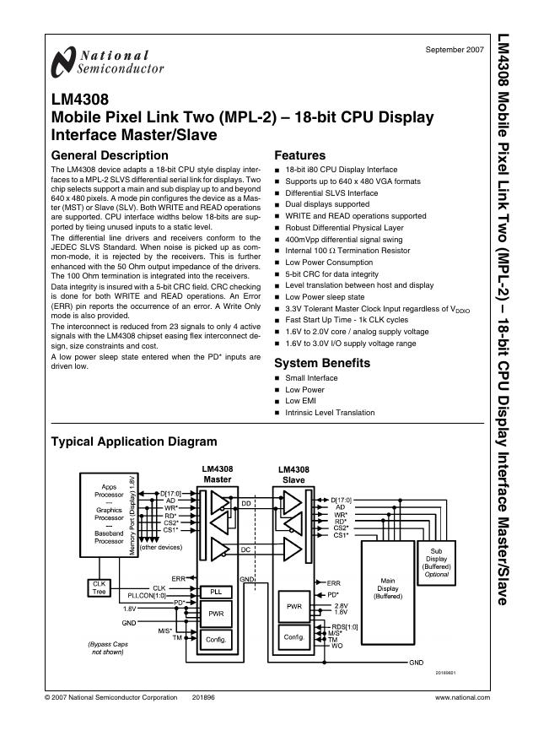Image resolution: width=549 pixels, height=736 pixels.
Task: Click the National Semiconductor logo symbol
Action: pos(62,62)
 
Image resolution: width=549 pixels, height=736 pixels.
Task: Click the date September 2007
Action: pos(455,50)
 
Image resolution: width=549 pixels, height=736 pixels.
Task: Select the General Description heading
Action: pos(110,155)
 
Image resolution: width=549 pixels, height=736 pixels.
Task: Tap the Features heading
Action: pos(300,155)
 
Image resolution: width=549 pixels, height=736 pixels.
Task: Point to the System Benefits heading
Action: pos(322,363)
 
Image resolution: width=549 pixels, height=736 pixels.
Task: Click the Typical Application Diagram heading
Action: pos(134,441)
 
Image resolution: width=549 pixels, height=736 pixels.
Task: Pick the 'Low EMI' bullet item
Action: pos(301,401)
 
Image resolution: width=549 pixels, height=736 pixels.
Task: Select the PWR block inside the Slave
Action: pos(294,607)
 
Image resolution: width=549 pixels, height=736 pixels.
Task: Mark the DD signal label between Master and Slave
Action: pos(246,503)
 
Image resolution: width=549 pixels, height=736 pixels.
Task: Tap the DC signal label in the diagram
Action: pos(246,550)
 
